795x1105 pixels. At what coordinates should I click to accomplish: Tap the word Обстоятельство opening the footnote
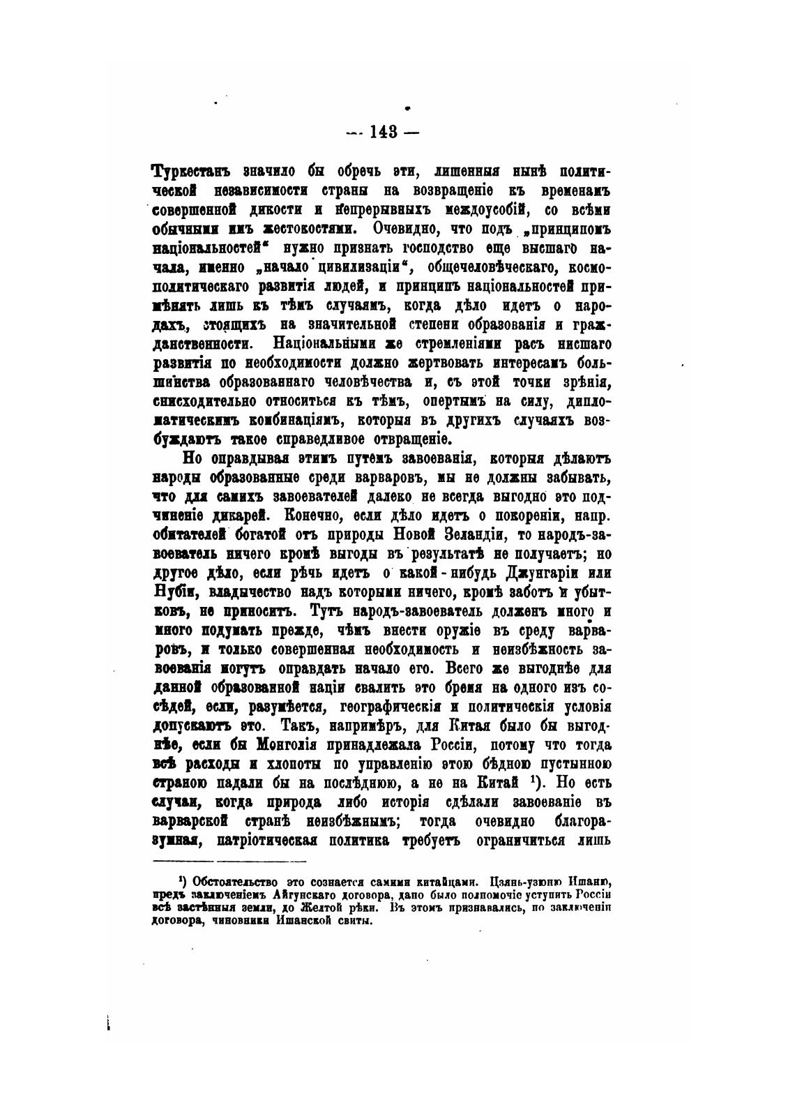(x=235, y=880)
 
